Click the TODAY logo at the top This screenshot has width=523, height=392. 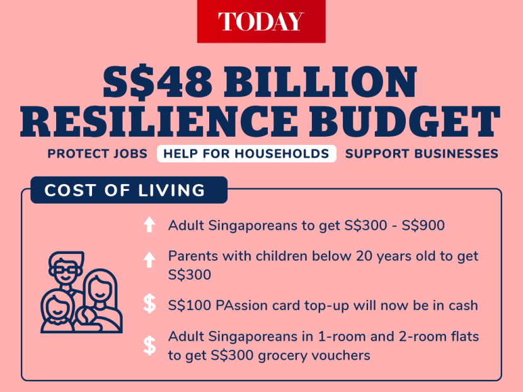coord(261,21)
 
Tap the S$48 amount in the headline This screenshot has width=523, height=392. coord(158,82)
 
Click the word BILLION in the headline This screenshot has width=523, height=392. coord(320,82)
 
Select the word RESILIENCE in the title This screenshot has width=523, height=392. coord(158,122)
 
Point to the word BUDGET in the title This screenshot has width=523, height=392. coord(405,122)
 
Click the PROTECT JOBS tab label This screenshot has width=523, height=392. coord(98,154)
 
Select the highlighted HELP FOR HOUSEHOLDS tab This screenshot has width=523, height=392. coord(246,154)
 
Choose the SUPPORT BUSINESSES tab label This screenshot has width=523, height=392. coord(422,154)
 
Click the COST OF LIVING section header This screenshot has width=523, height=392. coord(129,190)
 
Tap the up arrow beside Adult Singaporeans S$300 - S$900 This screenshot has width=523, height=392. coord(149,224)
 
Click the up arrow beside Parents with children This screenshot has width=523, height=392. coord(149,260)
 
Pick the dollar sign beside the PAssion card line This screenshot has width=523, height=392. coord(149,304)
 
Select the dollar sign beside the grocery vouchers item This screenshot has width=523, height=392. coord(149,345)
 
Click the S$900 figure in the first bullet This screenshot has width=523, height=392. coord(423,226)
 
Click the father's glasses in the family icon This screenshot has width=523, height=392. coord(66,270)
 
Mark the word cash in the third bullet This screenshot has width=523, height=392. coord(463,306)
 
